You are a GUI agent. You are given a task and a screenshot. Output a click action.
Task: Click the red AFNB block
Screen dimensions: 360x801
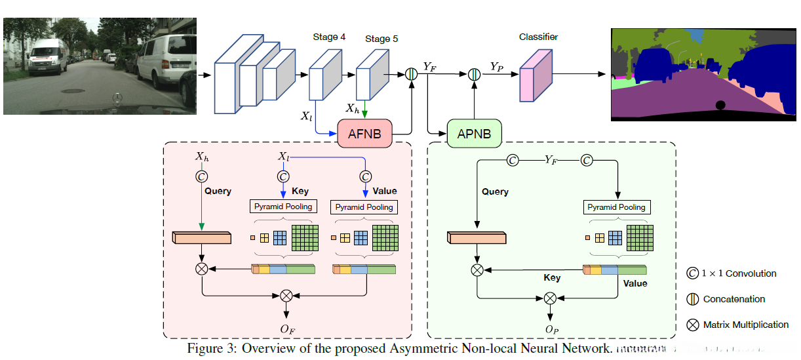pyautogui.click(x=364, y=134)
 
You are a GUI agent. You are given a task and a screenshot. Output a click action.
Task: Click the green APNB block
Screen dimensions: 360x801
pyautogui.click(x=474, y=134)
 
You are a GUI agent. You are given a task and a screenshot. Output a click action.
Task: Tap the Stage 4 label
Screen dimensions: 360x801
pyautogui.click(x=329, y=37)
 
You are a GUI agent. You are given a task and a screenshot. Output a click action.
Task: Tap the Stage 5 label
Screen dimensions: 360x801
pyautogui.click(x=381, y=39)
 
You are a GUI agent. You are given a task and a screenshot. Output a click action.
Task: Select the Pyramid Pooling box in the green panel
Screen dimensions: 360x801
pyautogui.click(x=616, y=207)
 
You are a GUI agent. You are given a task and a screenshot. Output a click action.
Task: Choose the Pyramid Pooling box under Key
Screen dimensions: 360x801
pyautogui.click(x=283, y=207)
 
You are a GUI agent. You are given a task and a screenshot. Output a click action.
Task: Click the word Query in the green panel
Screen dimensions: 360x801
pyautogui.click(x=495, y=191)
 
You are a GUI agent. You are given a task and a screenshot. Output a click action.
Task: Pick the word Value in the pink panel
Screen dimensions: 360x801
pyautogui.click(x=384, y=191)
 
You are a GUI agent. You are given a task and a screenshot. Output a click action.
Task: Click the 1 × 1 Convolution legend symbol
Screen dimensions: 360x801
pyautogui.click(x=692, y=273)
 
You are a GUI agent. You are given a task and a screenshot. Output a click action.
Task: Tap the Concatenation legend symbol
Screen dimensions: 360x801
pyautogui.click(x=692, y=299)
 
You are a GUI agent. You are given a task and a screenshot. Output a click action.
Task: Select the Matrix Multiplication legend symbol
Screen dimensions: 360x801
pyautogui.click(x=692, y=325)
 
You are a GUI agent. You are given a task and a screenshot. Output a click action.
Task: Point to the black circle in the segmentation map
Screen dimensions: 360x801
pyautogui.click(x=720, y=105)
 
